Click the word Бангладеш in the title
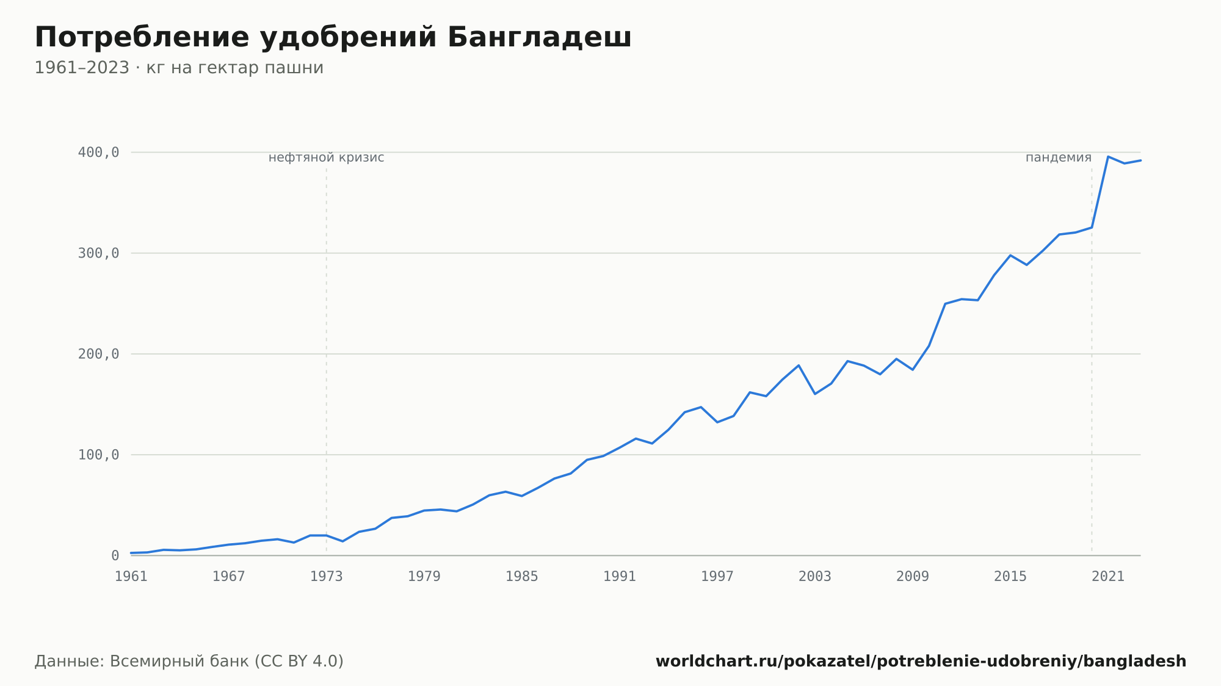pyautogui.click(x=539, y=38)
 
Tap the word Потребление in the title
pyautogui.click(x=142, y=38)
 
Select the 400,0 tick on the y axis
pyautogui.click(x=98, y=153)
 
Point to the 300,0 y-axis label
pyautogui.click(x=98, y=253)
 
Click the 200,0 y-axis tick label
pyautogui.click(x=98, y=354)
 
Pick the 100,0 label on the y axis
pyautogui.click(x=98, y=455)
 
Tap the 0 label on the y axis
pyautogui.click(x=115, y=556)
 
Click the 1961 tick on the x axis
pyautogui.click(x=131, y=577)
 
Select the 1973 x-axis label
pyautogui.click(x=327, y=577)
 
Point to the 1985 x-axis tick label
pyautogui.click(x=522, y=577)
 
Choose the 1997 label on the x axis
pyautogui.click(x=717, y=577)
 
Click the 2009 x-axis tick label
pyautogui.click(x=913, y=577)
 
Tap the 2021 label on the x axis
pyautogui.click(x=1108, y=577)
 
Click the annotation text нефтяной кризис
pyautogui.click(x=327, y=158)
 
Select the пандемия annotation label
pyautogui.click(x=1059, y=158)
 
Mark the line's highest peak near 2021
pyautogui.click(x=1108, y=156)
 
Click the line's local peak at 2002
pyautogui.click(x=799, y=366)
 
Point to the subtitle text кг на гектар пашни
pyautogui.click(x=235, y=68)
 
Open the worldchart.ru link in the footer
pyautogui.click(x=921, y=661)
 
